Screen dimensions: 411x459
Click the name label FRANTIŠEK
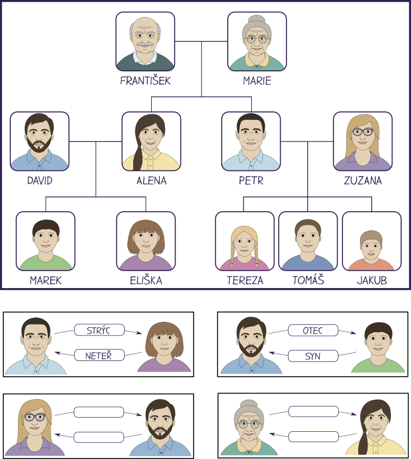click(x=145, y=81)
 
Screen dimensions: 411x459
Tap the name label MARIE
click(x=257, y=81)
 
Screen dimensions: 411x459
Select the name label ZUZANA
click(x=363, y=180)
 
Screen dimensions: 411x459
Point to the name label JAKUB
click(x=372, y=280)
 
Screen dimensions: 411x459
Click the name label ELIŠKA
click(x=146, y=280)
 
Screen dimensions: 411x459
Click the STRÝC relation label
click(x=99, y=330)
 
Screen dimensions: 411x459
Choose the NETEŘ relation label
click(x=99, y=356)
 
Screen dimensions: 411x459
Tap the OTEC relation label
click(x=313, y=331)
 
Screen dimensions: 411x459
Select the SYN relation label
click(x=313, y=356)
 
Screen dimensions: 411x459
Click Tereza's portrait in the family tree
click(x=245, y=241)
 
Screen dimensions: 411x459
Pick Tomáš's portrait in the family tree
click(x=308, y=241)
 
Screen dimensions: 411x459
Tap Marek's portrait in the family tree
click(x=46, y=241)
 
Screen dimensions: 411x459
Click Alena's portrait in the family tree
click(x=151, y=142)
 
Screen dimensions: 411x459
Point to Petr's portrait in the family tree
click(x=251, y=142)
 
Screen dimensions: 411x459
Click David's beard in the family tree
click(x=39, y=144)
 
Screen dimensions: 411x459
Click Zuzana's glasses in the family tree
click(x=363, y=132)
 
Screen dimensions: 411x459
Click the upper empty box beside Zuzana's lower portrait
click(x=99, y=412)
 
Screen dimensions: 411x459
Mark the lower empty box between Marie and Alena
click(x=313, y=437)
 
